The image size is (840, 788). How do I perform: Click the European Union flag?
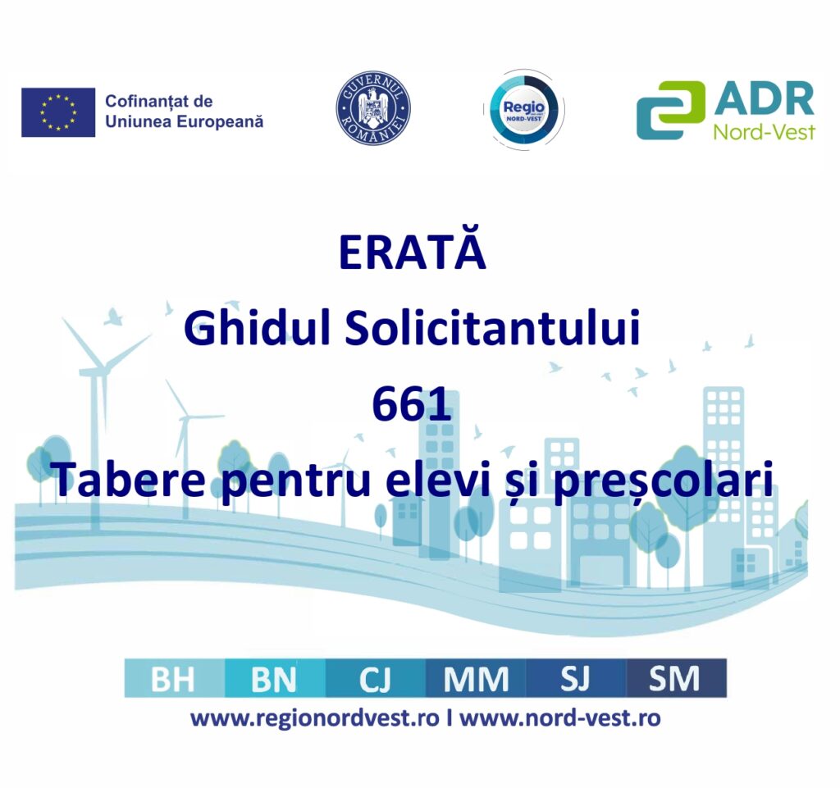click(x=58, y=112)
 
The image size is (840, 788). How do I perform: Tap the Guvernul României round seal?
click(x=373, y=109)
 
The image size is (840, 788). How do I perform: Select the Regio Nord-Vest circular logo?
click(x=524, y=110)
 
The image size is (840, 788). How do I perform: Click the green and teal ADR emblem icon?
click(x=670, y=110)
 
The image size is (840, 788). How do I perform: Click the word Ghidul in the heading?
click(x=257, y=328)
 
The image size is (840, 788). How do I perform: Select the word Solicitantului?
click(x=492, y=328)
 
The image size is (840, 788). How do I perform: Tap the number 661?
click(x=412, y=405)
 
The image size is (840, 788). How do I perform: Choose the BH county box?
click(x=175, y=678)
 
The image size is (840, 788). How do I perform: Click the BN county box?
click(x=276, y=678)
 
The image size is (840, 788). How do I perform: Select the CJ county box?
click(x=376, y=678)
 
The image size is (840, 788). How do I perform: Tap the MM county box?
click(x=477, y=678)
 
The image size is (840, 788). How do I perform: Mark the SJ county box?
click(x=577, y=678)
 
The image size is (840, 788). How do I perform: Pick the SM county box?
click(x=677, y=678)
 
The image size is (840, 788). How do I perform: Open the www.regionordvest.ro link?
click(x=315, y=718)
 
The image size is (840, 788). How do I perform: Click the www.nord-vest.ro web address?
click(x=560, y=717)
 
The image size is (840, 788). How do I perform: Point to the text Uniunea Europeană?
click(x=185, y=122)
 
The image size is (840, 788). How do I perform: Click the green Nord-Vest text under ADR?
click(x=764, y=131)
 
